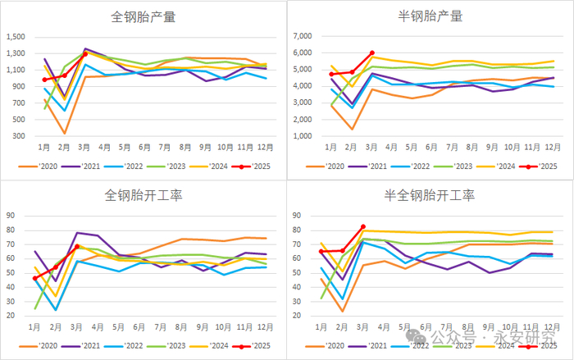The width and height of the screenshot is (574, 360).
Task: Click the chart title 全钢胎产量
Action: [x=143, y=16]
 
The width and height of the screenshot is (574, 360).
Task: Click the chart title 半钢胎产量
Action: [x=430, y=16]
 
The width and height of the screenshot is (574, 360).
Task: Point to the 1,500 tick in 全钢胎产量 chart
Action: [x=17, y=36]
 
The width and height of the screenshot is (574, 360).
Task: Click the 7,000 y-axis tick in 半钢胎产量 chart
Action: [x=304, y=36]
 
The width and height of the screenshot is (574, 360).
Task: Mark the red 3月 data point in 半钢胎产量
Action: [x=373, y=52]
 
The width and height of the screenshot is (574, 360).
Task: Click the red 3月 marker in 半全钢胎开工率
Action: [x=363, y=227]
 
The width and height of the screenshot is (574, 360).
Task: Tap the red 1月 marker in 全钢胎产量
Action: [x=44, y=80]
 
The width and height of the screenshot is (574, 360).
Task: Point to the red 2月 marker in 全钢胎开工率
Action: [x=56, y=268]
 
